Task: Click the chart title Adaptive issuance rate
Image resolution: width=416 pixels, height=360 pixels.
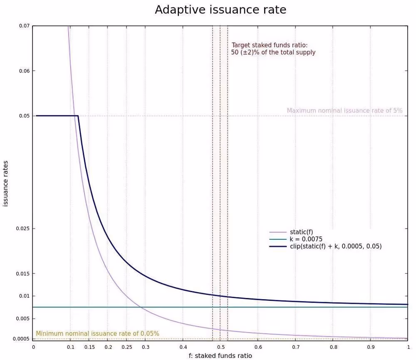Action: (220, 10)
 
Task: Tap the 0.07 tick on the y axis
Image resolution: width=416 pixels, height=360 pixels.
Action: (24, 26)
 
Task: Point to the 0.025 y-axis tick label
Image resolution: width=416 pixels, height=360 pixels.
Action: (23, 228)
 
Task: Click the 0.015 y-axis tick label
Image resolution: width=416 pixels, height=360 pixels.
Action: (23, 273)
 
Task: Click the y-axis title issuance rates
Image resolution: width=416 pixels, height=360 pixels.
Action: (6, 184)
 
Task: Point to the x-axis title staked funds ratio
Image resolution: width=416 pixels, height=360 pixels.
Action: (220, 355)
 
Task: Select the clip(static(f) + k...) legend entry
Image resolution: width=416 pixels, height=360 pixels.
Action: (336, 246)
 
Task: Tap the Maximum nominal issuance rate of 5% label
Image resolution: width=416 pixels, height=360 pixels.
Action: (344, 111)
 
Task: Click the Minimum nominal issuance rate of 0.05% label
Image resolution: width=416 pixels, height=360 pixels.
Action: (97, 333)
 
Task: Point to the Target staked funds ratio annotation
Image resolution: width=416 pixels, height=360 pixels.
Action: (273, 49)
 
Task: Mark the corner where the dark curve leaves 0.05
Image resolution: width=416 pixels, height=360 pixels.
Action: (78, 116)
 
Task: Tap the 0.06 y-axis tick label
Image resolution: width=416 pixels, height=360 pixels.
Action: (24, 71)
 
